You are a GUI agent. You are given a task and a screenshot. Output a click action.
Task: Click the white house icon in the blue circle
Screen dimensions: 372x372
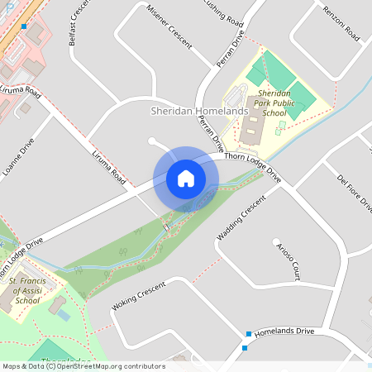pos(186,179)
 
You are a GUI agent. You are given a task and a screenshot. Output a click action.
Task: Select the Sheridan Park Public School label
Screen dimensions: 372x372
pos(274,105)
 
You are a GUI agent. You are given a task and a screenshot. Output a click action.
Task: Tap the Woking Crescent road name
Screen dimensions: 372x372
pos(138,297)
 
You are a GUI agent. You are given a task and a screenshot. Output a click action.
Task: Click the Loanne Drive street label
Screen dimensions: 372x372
pos(19,158)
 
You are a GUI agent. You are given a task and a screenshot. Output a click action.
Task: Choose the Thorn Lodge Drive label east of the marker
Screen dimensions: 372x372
pos(253,165)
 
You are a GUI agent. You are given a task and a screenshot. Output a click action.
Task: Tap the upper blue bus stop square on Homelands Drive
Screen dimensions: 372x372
pos(248,334)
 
